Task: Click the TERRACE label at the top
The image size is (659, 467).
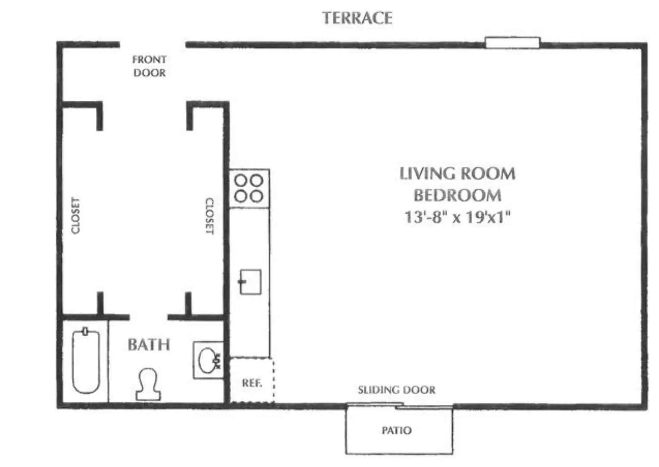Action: [357, 18]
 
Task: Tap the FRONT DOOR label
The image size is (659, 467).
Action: [150, 66]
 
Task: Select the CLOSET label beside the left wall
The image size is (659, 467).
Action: [76, 216]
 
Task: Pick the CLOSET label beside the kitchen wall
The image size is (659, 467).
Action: [210, 216]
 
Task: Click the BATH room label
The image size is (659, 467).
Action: [149, 345]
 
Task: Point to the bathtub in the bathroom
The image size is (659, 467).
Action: [86, 361]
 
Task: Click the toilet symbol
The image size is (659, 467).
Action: [148, 384]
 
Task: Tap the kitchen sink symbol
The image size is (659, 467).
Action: [250, 282]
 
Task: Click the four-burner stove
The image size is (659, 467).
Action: [249, 189]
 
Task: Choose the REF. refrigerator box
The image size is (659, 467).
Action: [252, 380]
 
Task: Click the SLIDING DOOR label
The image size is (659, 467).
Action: [397, 390]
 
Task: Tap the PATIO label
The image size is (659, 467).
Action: [397, 431]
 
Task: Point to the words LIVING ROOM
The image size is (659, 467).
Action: [458, 173]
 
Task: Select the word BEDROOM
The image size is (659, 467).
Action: [458, 195]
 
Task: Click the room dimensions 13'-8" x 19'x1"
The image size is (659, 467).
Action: [457, 218]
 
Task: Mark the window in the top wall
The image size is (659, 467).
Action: [513, 43]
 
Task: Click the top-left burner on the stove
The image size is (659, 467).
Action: [241, 180]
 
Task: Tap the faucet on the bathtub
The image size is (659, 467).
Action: [86, 331]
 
